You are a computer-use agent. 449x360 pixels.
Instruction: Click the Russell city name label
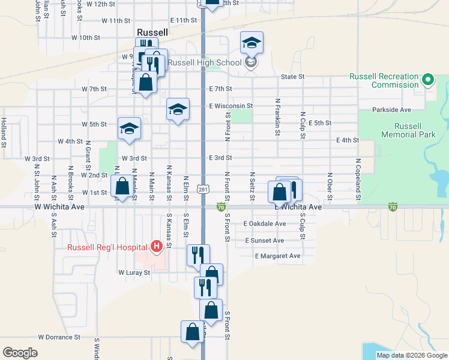coord(152,32)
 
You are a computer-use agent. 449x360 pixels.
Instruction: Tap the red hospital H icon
coord(157,246)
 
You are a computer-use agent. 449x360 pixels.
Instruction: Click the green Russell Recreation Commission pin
coord(427,80)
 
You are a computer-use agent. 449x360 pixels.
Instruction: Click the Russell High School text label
coord(204,62)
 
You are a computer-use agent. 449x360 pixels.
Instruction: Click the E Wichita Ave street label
coord(298,206)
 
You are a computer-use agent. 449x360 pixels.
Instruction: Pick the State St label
coord(293,77)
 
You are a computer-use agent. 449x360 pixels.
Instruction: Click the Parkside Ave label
coord(391,110)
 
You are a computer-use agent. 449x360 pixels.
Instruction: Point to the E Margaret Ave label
coord(277,256)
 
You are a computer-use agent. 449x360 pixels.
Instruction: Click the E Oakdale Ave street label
coord(265,224)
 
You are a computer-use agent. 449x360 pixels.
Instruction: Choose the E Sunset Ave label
coord(264,241)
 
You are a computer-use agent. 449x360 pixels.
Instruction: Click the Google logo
coord(20,352)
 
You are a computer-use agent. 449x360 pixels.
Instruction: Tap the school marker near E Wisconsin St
coord(178,110)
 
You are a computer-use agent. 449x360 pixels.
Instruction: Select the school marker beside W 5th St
coord(129,129)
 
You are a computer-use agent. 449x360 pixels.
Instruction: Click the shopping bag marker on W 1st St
coord(122,187)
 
